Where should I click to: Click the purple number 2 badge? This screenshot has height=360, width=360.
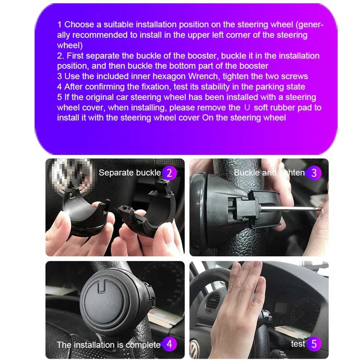170,173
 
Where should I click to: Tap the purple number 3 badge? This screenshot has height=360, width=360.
314,173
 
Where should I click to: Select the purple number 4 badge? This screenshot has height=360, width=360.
170,344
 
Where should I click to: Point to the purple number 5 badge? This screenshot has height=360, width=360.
314,344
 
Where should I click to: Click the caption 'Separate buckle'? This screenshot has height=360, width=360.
130,173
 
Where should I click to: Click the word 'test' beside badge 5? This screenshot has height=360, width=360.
298,344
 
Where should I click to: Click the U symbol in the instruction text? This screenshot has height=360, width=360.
247,108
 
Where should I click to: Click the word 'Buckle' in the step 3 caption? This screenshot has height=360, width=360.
247,173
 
